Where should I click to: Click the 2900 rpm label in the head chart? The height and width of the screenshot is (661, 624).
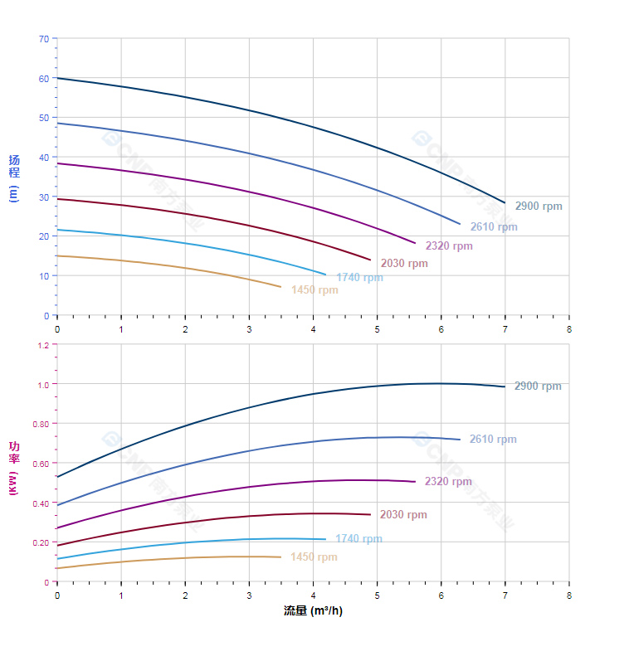point(538,207)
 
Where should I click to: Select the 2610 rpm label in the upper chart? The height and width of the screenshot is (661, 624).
point(493,227)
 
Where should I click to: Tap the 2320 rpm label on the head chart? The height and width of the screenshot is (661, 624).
point(449,246)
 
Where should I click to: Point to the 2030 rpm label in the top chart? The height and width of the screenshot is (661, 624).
point(404,264)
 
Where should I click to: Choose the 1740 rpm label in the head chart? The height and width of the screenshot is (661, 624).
point(359,278)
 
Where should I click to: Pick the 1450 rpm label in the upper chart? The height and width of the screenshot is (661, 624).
point(314,290)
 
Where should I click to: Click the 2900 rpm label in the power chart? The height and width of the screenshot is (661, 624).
point(538,386)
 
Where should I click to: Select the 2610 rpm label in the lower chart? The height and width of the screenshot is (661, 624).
point(493,440)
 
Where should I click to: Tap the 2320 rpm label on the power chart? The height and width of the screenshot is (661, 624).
point(448,482)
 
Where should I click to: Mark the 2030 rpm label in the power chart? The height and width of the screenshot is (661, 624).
point(403,515)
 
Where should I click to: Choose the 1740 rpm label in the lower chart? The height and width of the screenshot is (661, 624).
point(358,539)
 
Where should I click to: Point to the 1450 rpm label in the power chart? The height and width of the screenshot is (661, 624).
point(314,557)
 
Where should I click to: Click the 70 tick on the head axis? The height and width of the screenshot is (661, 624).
point(43,39)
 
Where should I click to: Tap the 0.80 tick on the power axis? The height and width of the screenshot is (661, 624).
point(41,424)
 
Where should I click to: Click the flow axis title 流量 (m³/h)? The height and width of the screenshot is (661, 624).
point(313,611)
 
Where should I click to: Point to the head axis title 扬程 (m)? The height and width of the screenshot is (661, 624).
point(13,177)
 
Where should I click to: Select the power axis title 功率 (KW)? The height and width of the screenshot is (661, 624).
point(13,469)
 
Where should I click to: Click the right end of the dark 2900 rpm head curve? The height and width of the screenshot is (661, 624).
point(505,202)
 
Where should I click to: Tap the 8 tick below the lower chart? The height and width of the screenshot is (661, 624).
point(569,595)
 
